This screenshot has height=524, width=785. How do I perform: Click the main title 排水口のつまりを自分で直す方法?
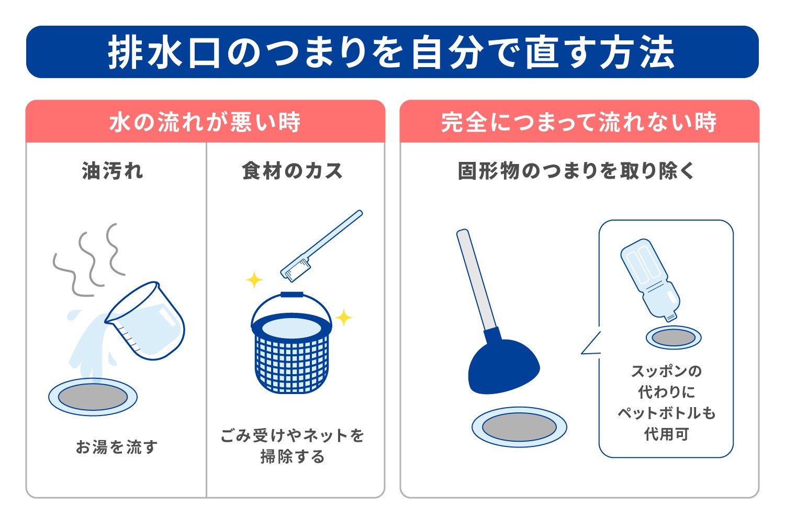(391, 52)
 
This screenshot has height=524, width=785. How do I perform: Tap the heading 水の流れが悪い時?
(205, 122)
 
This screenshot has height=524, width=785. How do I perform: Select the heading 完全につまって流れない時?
(579, 122)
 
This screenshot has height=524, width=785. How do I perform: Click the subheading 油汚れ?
(113, 171)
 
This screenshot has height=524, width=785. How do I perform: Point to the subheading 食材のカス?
(292, 171)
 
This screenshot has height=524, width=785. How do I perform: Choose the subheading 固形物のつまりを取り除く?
(576, 171)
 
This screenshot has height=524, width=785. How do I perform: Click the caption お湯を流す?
(116, 447)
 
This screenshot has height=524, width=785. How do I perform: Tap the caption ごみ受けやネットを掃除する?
(292, 446)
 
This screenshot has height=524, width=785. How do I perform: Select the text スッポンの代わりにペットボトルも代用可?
(666, 402)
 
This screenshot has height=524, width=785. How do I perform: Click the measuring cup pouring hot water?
(149, 322)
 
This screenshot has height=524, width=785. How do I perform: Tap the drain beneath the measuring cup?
(93, 397)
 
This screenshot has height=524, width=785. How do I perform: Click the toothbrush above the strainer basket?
(320, 246)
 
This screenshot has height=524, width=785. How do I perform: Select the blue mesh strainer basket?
(291, 348)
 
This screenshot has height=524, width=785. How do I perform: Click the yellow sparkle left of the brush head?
(254, 280)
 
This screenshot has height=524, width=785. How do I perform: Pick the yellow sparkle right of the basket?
(344, 318)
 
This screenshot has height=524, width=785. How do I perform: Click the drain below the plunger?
(519, 427)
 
